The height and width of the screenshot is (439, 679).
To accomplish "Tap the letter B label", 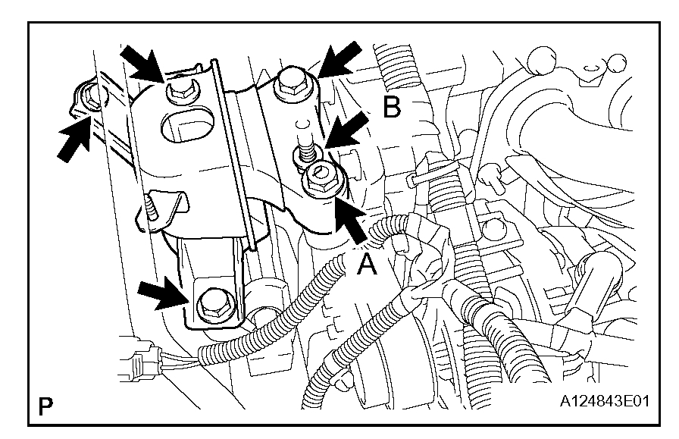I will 391,108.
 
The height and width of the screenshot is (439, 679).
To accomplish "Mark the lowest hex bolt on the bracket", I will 209,305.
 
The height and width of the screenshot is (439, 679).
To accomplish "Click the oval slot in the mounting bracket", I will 187,124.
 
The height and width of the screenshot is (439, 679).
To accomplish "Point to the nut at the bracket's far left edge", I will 90,97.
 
